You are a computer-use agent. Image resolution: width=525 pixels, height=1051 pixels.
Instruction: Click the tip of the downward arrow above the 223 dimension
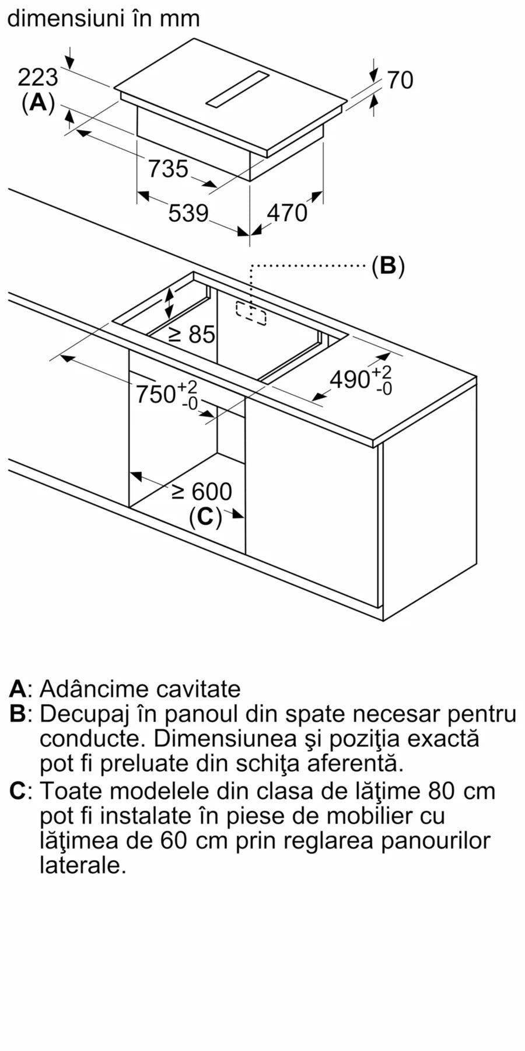tap(71, 69)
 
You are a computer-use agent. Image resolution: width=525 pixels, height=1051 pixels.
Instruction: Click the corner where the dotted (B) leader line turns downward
tap(251, 266)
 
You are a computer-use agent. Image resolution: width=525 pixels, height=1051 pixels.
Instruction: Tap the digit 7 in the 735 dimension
tap(155, 169)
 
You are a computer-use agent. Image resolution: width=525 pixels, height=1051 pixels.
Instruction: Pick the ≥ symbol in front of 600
tap(178, 492)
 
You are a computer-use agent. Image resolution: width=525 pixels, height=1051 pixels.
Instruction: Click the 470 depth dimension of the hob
tap(286, 213)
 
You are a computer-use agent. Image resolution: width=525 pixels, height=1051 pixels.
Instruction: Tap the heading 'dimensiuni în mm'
tap(103, 18)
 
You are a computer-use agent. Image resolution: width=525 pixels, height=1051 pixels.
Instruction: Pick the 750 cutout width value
tap(156, 394)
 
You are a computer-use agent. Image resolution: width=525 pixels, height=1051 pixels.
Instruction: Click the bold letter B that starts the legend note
tap(17, 714)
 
